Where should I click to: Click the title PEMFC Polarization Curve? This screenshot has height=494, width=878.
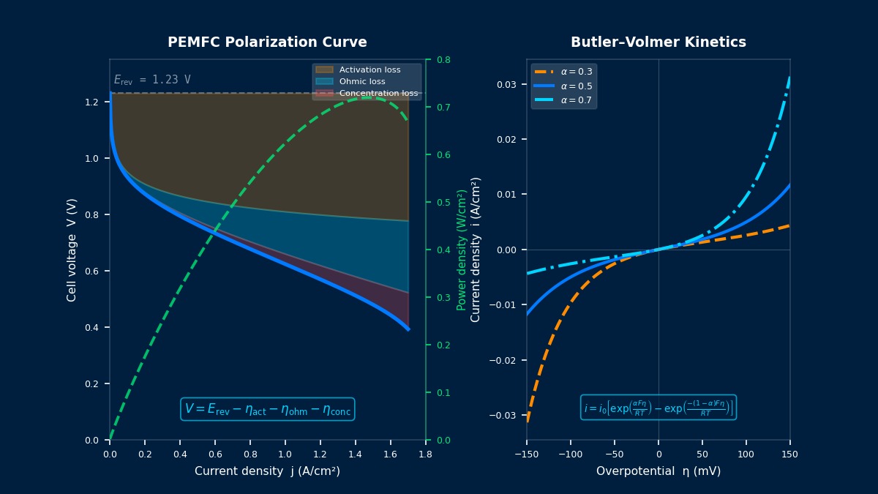pos(267,42)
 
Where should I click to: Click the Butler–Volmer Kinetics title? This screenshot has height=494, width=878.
pos(658,42)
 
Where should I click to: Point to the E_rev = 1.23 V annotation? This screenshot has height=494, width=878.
pos(152,80)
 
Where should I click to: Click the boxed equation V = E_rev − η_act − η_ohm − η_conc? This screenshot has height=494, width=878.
pos(267,409)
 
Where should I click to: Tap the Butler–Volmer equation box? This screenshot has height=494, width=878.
pos(658,408)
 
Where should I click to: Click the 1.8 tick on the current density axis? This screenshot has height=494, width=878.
pos(425,454)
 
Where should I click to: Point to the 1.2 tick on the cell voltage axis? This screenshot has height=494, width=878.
pos(91,102)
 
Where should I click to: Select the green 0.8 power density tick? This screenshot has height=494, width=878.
pos(444,59)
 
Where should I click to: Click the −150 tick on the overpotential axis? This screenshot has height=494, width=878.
pos(526,454)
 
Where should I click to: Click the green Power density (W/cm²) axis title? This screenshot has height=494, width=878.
pos(462,250)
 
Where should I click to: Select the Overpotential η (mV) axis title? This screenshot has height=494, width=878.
pos(658,471)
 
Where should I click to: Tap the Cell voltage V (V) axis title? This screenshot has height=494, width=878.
pos(72,250)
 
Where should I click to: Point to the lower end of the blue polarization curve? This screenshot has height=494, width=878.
pos(408,329)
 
